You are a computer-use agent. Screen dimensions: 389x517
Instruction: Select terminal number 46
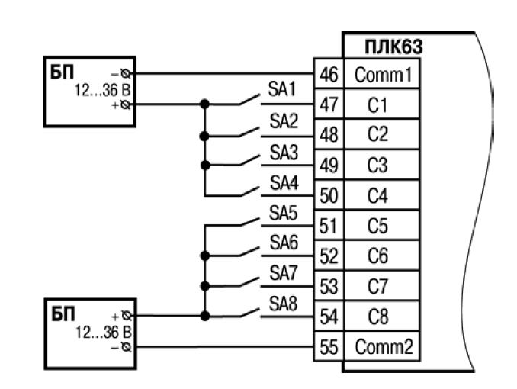tap(327, 74)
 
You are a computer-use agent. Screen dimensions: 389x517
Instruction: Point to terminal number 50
tap(327, 196)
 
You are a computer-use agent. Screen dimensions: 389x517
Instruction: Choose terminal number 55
tap(327, 347)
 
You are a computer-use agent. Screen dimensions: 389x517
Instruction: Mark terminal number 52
tap(327, 256)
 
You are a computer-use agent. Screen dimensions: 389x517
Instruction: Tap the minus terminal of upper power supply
tap(124, 74)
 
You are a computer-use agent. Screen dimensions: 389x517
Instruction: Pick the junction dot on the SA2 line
tap(204, 135)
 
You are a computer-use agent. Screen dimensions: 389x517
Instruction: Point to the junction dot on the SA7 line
tap(204, 285)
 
